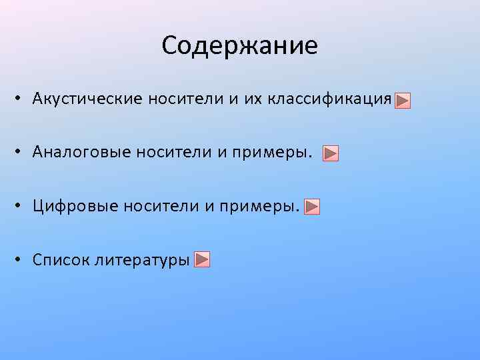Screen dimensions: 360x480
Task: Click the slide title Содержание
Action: [x=239, y=45]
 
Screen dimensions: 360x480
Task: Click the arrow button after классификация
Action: [x=402, y=101]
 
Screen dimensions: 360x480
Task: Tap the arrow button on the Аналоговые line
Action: [x=331, y=154]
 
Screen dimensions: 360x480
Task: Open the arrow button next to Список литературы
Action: [x=203, y=259]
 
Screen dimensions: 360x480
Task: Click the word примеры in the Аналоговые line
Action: [x=272, y=154]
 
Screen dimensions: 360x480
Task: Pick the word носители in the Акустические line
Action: [x=177, y=99]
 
